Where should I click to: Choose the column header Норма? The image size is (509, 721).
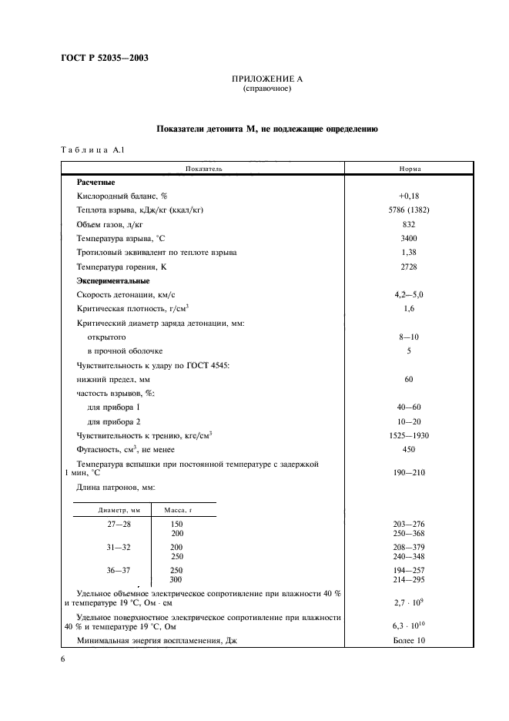(x=409, y=168)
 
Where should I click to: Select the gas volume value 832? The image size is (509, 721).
(x=409, y=224)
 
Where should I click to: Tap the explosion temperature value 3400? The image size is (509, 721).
(x=409, y=238)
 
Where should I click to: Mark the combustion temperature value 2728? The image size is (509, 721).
(x=409, y=267)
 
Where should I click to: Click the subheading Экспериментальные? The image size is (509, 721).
(x=116, y=280)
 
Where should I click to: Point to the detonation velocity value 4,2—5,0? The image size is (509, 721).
(x=409, y=294)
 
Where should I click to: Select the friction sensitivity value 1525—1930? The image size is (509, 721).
(x=409, y=435)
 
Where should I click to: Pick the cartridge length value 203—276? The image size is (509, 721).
(x=409, y=524)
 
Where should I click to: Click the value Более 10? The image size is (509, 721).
(x=409, y=640)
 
